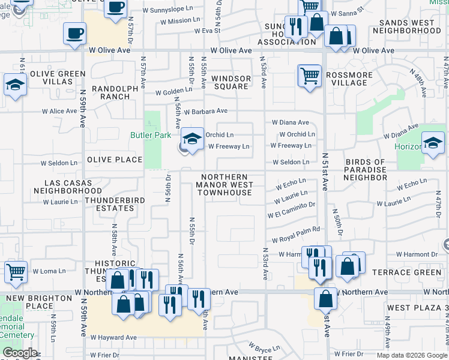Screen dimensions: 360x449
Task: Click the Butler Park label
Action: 151,135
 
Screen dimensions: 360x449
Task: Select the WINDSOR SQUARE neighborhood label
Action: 231,82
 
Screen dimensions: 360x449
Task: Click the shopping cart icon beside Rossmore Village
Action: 309,76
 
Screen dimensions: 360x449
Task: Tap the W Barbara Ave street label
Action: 206,112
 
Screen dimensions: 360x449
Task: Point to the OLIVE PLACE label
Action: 115,160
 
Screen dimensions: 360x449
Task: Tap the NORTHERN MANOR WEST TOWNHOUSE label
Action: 224,185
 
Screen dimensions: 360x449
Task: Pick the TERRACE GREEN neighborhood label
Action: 415,272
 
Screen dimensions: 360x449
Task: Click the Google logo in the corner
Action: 19,353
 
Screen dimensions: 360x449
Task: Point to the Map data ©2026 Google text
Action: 411,355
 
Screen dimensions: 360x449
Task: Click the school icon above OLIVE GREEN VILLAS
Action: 14,85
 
